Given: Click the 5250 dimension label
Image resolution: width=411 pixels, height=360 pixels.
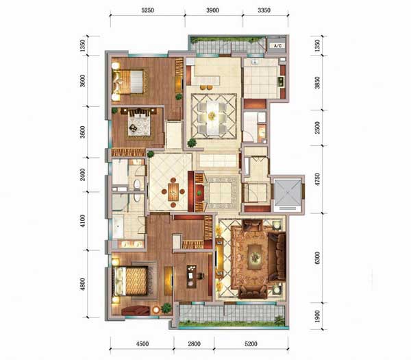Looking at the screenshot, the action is [x=147, y=10].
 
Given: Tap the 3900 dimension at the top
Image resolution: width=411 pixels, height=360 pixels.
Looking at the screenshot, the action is [x=212, y=10].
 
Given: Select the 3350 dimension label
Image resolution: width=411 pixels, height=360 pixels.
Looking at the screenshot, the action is [x=264, y=10].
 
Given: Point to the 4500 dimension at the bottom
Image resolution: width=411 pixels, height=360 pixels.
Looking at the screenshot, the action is [x=142, y=344].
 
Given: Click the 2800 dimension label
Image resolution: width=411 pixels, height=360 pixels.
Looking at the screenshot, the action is [x=195, y=344].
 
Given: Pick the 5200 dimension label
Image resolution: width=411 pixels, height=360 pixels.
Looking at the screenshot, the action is [x=251, y=344].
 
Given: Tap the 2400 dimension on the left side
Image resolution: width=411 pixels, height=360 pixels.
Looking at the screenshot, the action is [x=83, y=174].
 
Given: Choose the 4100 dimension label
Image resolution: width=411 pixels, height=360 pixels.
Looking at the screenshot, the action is [x=83, y=221].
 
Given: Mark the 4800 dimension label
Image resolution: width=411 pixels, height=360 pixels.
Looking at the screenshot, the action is [x=83, y=284].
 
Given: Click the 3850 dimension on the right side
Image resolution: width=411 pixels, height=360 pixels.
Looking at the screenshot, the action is [x=317, y=82].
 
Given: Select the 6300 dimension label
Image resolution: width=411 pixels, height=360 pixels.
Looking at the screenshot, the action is [x=317, y=258].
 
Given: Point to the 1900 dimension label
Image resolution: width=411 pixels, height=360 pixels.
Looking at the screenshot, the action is [x=317, y=316].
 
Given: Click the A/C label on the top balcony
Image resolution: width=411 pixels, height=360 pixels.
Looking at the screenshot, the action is [x=277, y=46].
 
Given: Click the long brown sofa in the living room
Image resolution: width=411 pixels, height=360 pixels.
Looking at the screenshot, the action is [x=277, y=257].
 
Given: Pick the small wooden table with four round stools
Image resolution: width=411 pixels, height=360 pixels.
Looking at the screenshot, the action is [x=173, y=192].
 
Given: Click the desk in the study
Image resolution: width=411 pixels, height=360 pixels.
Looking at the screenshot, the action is [x=192, y=276].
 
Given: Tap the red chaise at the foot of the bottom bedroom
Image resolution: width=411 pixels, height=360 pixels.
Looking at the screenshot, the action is [x=136, y=311].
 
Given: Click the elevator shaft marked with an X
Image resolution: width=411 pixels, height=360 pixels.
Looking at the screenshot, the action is [x=288, y=192].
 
